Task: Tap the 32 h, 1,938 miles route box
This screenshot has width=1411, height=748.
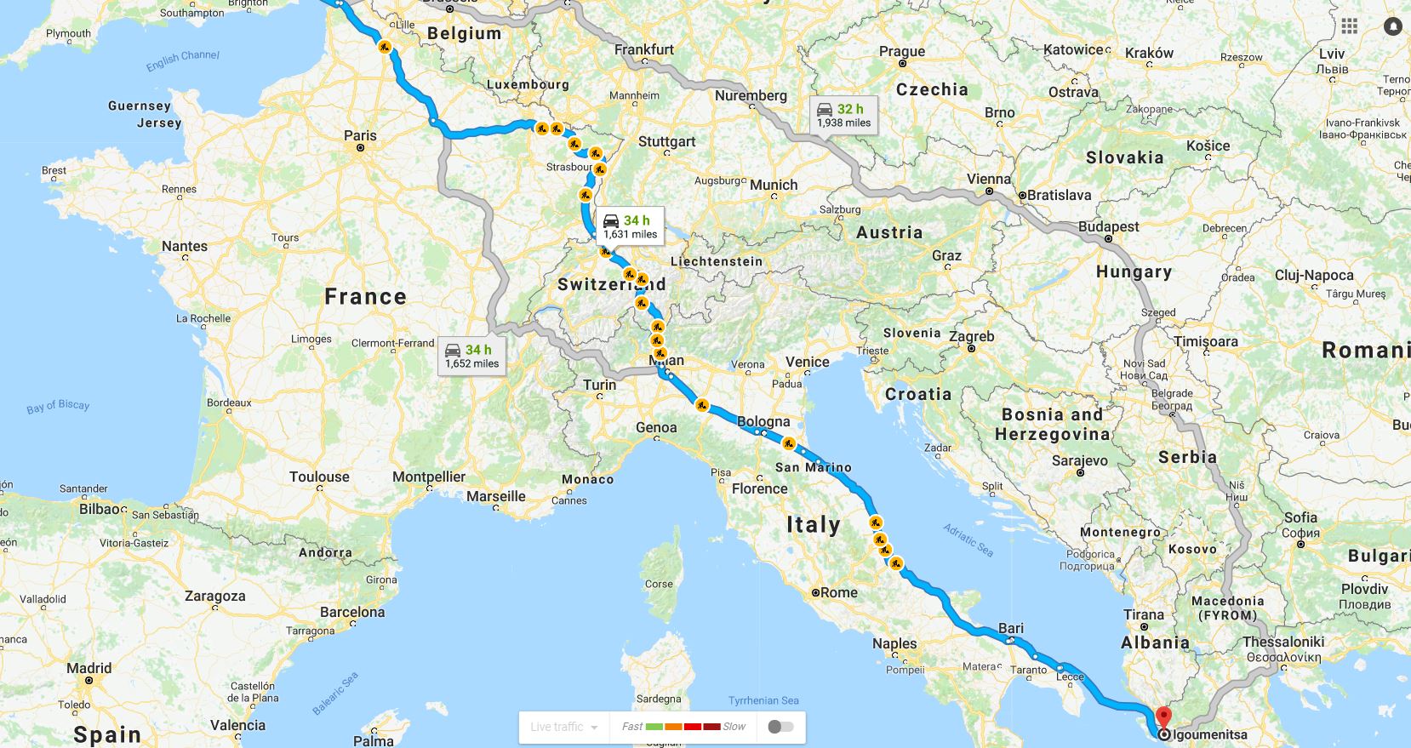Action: point(843,115)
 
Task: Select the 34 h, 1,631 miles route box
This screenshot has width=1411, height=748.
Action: point(630,226)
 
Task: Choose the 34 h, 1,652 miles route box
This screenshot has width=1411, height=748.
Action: point(471,356)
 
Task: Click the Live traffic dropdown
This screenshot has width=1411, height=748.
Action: point(563,727)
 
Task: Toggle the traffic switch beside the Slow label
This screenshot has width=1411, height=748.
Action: point(780,727)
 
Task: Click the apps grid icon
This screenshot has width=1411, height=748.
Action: point(1350,26)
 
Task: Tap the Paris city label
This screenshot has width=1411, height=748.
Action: point(360,135)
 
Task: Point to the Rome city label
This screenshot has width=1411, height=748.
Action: point(839,592)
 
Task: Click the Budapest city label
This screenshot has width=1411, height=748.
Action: point(1108,226)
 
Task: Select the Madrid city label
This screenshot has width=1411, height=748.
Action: point(89,668)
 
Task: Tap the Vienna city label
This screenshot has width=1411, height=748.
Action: point(989,179)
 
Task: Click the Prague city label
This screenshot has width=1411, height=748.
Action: point(902,51)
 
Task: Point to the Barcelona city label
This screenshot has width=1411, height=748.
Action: point(352,612)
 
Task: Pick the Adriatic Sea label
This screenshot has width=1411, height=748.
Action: point(968,540)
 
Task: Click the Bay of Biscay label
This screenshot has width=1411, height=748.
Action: point(58,406)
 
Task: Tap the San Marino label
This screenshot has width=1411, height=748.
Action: point(813,467)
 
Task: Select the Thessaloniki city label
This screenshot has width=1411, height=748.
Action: point(1283,642)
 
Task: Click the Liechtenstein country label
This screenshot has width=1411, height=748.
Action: point(717,261)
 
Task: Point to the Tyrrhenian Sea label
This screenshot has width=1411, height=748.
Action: point(763,700)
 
